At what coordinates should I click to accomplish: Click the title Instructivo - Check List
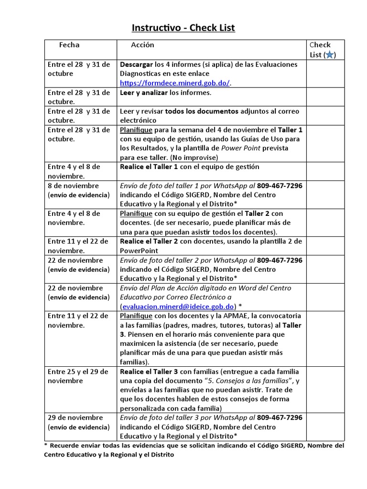point(183,28)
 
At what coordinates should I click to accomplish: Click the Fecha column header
point(69,45)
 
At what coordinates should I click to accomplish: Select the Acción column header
point(142,45)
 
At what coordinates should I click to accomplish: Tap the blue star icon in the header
point(329,55)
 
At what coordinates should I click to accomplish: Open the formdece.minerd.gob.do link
point(174,83)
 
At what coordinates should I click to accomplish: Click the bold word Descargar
point(136,64)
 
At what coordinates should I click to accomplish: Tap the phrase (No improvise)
point(188,157)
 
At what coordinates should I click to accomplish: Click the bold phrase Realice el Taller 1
point(149,167)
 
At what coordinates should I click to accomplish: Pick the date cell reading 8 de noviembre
point(73,186)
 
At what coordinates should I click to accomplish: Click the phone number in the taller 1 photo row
point(280,186)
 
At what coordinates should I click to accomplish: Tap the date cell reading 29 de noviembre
point(75,417)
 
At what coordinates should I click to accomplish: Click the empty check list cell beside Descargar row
point(325,74)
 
